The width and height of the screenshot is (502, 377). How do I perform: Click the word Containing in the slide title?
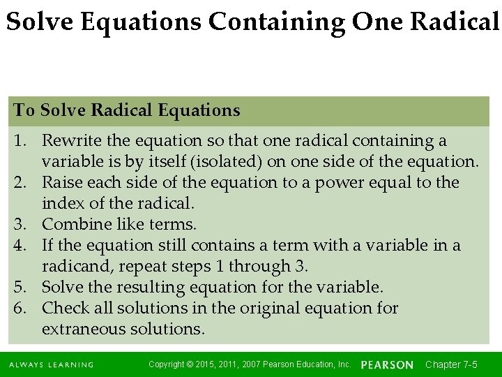[276, 22]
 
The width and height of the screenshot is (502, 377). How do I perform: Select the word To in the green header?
[24, 110]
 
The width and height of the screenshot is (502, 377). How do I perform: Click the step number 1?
[20, 141]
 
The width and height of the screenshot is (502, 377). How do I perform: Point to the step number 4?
[20, 246]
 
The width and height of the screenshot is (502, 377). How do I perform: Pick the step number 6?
[20, 309]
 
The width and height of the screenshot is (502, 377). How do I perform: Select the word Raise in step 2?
[61, 183]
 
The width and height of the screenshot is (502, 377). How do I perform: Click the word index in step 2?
[60, 204]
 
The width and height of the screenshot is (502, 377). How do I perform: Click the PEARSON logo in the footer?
[387, 365]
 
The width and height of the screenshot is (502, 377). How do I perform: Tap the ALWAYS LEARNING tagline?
[51, 365]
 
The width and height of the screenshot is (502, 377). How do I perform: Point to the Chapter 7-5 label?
[451, 364]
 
